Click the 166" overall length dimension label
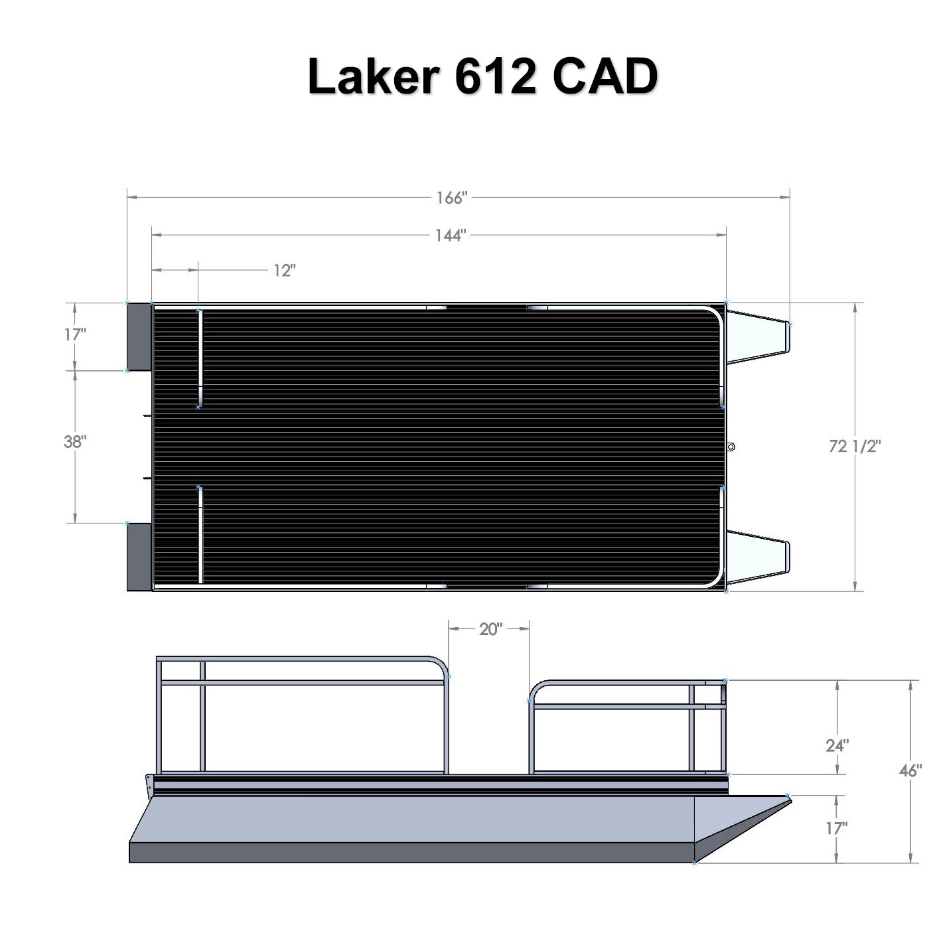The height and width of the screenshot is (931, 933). pos(452,198)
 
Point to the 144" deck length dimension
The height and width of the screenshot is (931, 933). pos(451,235)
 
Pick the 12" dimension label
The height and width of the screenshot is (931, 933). pos(284,270)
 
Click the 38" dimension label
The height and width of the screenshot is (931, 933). pos(75,441)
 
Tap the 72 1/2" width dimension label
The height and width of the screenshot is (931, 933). pos(855,446)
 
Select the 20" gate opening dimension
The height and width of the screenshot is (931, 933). pos(489,629)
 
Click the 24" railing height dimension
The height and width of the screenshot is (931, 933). pos(837,745)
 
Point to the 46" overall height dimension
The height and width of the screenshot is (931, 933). pos(910,770)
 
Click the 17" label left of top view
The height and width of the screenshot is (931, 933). pos(75,334)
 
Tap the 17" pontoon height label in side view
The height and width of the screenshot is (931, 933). pos(837,828)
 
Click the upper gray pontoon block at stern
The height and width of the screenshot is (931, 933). pos(139,336)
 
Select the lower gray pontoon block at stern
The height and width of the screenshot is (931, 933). pos(139,556)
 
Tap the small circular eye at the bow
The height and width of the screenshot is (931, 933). pos(731,447)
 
